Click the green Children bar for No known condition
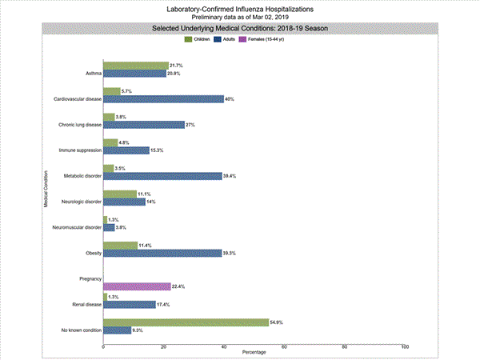(186, 322)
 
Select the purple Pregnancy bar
(137, 286)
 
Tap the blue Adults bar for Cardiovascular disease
(163, 99)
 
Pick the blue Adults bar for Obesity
(162, 253)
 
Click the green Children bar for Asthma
(136, 65)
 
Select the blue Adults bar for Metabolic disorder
(162, 176)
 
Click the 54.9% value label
(277, 322)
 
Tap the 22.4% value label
(178, 286)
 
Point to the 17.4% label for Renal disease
(163, 304)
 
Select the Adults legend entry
(230, 38)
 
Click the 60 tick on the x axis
(284, 346)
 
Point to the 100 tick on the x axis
(405, 346)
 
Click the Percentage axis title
(255, 353)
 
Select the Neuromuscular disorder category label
(77, 227)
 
